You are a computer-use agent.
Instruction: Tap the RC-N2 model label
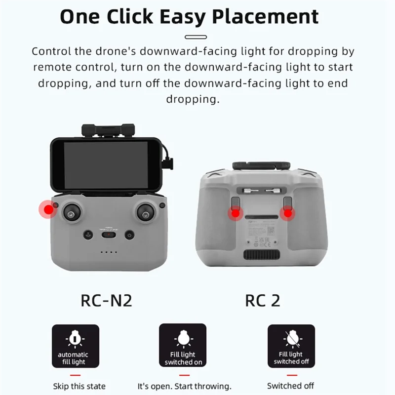pos(106,300)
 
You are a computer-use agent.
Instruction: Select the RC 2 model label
pos(262,300)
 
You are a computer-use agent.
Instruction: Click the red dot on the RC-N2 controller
pos(48,210)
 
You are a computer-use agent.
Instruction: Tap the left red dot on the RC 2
pos(235,213)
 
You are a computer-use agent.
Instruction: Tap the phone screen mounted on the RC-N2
pos(107,164)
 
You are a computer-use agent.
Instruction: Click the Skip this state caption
pos(79,386)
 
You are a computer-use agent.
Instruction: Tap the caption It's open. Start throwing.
pos(184,386)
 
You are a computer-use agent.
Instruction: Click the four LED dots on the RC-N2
pos(108,252)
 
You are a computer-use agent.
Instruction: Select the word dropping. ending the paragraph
pos(192,99)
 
